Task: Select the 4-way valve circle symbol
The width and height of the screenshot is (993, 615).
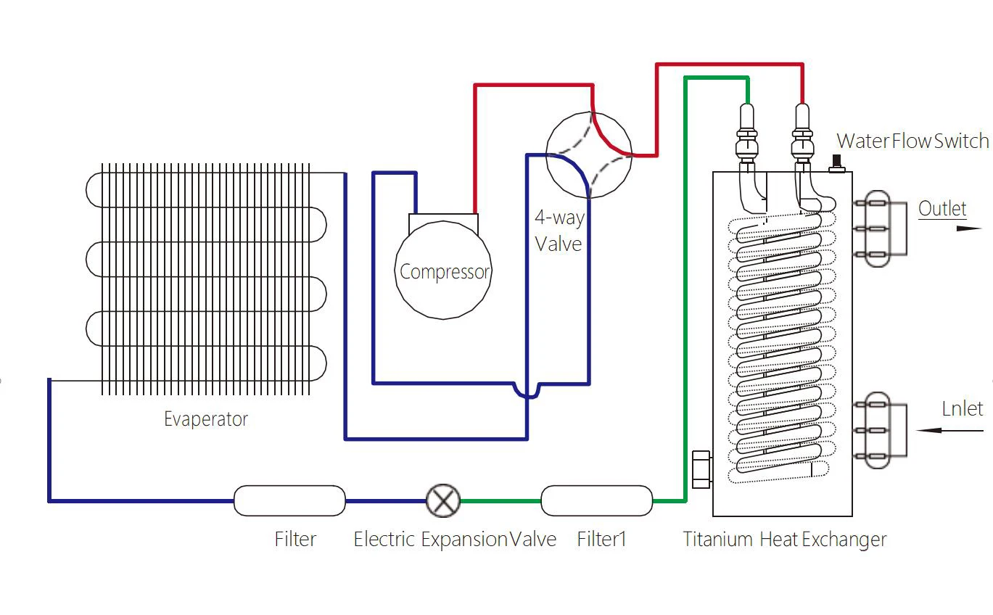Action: (x=588, y=154)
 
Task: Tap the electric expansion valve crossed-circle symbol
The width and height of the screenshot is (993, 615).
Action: (x=442, y=500)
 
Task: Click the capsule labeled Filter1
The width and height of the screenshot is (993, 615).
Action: (x=596, y=500)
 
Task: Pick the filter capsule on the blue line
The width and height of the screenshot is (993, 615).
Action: (x=289, y=500)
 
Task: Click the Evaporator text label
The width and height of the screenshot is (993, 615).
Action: (x=205, y=419)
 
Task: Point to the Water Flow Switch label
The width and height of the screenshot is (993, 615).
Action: (x=912, y=141)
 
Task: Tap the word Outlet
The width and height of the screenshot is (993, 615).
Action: (x=942, y=209)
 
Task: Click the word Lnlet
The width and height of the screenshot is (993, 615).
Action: (x=962, y=408)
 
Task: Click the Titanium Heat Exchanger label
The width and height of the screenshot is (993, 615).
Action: (x=784, y=540)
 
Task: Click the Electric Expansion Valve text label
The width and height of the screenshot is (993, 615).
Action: (x=454, y=540)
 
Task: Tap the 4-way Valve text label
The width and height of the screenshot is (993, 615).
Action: (x=559, y=231)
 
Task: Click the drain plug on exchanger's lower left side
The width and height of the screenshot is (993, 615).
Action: (x=701, y=469)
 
